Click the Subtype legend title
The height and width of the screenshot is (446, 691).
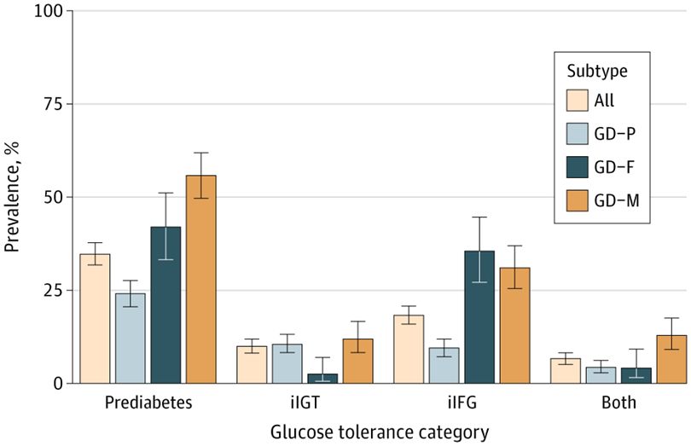pyautogui.click(x=594, y=69)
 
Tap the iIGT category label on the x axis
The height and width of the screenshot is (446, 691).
pyautogui.click(x=305, y=402)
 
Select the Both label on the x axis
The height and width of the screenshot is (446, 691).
pyautogui.click(x=618, y=402)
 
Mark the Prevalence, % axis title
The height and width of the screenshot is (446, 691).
pyautogui.click(x=13, y=198)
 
